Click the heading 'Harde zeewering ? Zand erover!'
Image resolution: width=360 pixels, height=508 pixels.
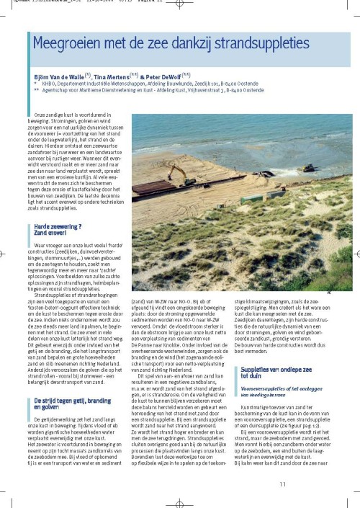click(x=55, y=231)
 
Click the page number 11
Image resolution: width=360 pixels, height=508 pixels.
click(x=324, y=484)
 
